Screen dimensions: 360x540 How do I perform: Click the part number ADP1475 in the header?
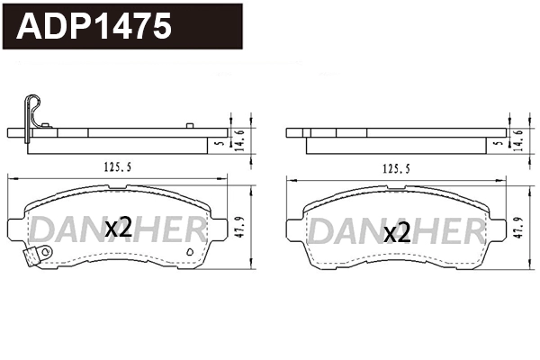(x=95, y=27)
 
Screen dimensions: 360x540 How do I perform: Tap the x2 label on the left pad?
(x=118, y=228)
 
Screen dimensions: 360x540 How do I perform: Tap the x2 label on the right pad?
(x=396, y=234)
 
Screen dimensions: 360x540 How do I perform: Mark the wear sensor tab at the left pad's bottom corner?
(x=33, y=258)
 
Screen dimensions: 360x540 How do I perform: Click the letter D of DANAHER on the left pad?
(x=45, y=230)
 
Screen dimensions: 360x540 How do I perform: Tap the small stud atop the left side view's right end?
(x=188, y=125)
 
